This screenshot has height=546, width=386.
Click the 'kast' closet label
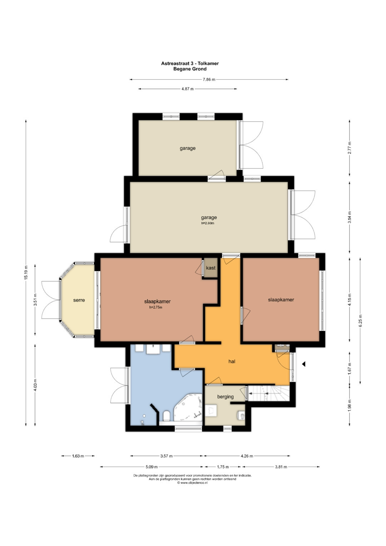pos(211,268)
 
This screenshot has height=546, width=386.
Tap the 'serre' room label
pos(79,300)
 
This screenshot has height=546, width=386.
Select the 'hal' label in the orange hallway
pos(232,361)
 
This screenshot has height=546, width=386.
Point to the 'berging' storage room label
pos(226,397)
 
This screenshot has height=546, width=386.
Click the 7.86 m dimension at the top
pos(209,79)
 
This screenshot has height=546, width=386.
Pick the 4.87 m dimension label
pos(187,89)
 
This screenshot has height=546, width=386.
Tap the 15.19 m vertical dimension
pos(26,272)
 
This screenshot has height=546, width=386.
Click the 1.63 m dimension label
pos(78,456)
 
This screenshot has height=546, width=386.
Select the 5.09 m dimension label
pos(152,467)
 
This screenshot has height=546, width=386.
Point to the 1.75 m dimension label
pos(223,467)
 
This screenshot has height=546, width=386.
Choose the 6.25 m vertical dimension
pos(360,320)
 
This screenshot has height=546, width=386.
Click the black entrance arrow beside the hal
pos(304,364)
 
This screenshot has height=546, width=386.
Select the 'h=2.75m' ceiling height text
pos(156,308)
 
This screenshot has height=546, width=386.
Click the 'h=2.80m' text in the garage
pos(208,223)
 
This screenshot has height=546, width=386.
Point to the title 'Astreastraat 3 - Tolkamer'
pos(190,63)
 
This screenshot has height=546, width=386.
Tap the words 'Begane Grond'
pos(190,69)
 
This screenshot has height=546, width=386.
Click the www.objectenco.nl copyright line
pos(192,482)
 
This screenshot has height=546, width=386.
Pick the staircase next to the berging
pos(268,393)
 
